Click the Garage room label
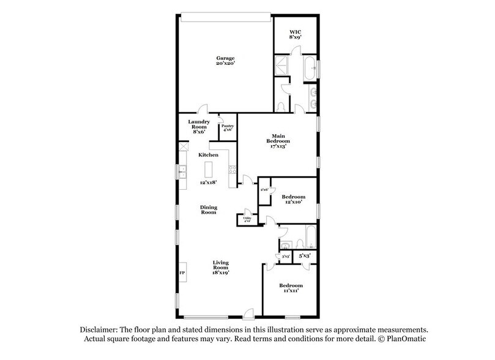(225, 61)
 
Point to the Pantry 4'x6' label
(227, 127)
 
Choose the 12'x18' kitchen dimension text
(209, 182)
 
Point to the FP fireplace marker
(182, 272)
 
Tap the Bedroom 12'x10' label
(293, 200)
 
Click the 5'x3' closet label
(305, 255)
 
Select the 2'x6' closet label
(264, 190)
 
